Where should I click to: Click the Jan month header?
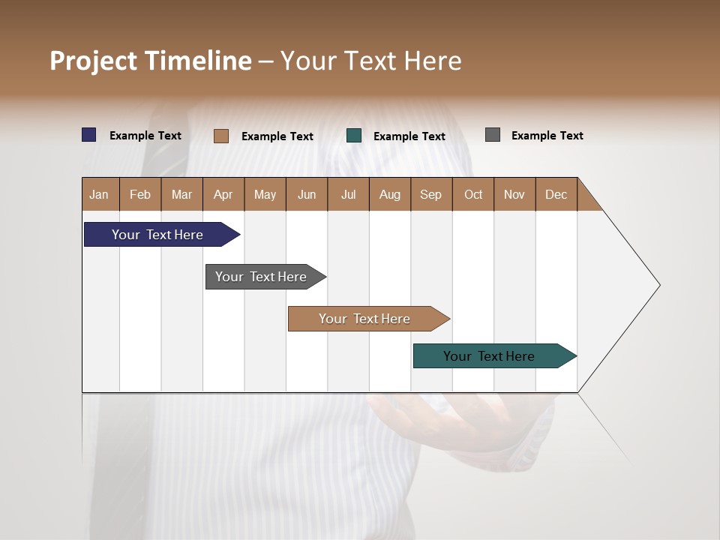tap(100, 194)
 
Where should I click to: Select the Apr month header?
tap(223, 194)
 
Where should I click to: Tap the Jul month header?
tap(349, 194)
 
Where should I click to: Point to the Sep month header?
tap(431, 194)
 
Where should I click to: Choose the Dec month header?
tap(556, 194)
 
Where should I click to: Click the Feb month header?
tap(140, 194)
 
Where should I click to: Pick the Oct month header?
tap(473, 194)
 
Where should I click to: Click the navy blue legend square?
tap(89, 135)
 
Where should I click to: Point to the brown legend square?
tap(221, 136)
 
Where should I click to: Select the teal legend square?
tap(354, 136)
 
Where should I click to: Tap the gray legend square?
tap(493, 135)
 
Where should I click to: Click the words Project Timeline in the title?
tap(151, 61)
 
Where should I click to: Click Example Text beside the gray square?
tap(547, 136)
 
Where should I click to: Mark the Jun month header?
tap(307, 194)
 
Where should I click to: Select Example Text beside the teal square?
tap(409, 136)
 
